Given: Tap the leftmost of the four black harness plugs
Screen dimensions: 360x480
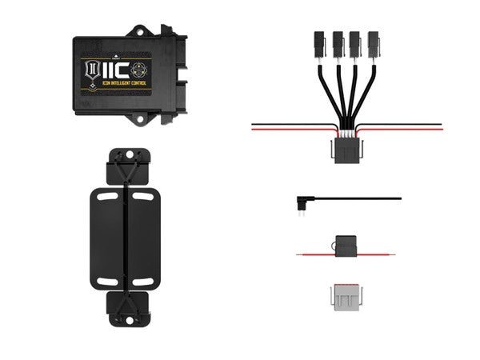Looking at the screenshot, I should click(315, 42).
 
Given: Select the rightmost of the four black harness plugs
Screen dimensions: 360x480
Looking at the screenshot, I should click(373, 42).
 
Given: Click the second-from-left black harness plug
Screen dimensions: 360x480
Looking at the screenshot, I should click(334, 42).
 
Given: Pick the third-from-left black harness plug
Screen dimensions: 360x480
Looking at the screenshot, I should click(354, 42).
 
